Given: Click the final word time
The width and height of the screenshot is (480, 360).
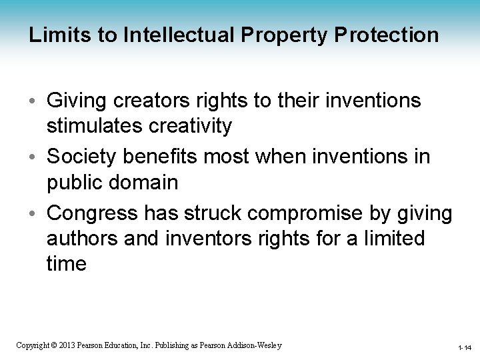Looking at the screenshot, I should pyautogui.click(x=67, y=263).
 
